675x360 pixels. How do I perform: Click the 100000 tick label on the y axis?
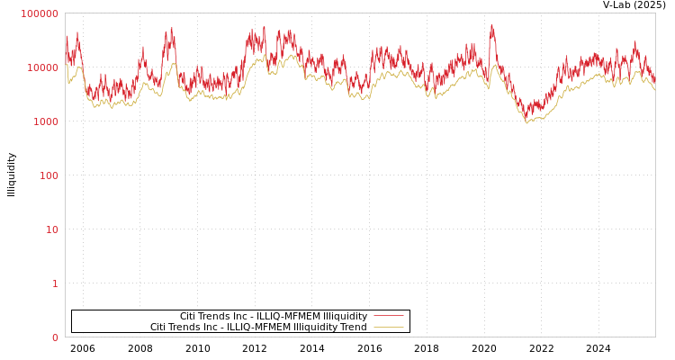pos(40,13)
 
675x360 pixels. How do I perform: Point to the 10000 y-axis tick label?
pos(42,67)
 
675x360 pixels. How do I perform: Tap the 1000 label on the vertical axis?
pos(45,121)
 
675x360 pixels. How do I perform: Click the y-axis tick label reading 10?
pos(51,229)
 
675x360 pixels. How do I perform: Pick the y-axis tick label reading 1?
pos(54,283)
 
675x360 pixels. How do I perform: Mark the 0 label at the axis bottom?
pos(54,337)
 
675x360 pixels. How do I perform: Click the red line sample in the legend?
pos(388,316)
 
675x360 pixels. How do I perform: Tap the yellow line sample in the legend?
pos(388,327)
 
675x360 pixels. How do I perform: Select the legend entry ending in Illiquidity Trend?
pos(258,327)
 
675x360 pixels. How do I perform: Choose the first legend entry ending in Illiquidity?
pos(274,316)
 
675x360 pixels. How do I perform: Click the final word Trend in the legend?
pos(353,327)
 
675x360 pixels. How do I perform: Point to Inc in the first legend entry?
pos(240,316)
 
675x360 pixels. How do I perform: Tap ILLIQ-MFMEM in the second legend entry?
pos(253,327)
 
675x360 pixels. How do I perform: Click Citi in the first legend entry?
pos(189,316)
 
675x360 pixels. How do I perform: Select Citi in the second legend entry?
pos(159,327)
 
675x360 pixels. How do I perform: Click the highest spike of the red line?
pos(491,24)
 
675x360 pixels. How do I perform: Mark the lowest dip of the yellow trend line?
pos(527,123)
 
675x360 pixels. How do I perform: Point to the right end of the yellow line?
pos(654,89)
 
